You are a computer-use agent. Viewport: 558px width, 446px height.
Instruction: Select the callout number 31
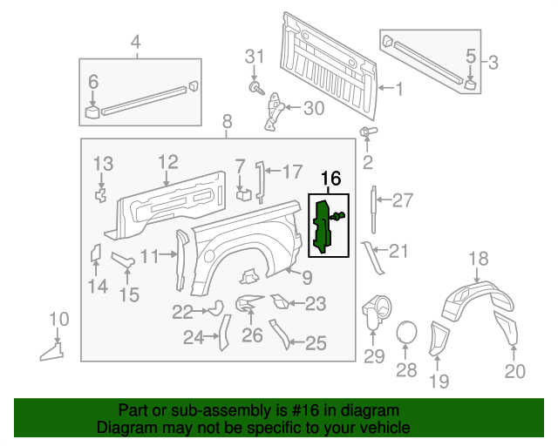click(253, 57)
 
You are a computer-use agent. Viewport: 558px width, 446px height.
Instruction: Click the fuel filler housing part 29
click(374, 310)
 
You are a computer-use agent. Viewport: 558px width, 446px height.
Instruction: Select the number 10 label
click(58, 318)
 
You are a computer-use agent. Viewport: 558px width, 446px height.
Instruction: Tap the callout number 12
click(167, 161)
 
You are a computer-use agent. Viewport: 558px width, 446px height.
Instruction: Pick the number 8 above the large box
click(227, 121)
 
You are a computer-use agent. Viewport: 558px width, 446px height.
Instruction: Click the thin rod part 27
click(375, 209)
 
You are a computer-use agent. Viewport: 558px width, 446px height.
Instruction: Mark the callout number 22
click(182, 311)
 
